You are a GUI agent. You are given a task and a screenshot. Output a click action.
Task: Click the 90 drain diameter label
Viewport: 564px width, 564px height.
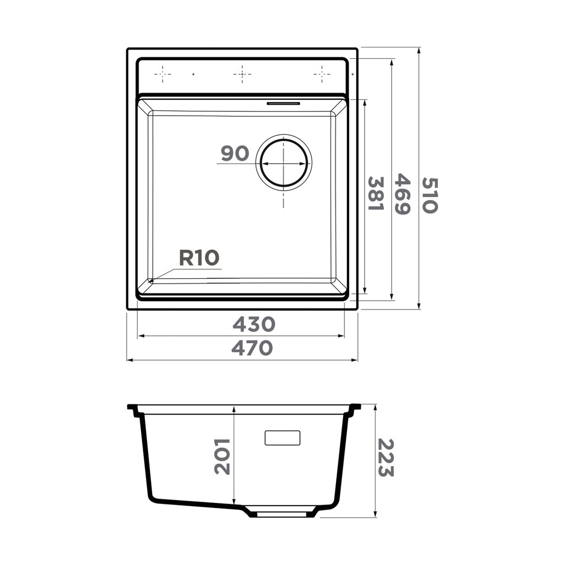[235, 154]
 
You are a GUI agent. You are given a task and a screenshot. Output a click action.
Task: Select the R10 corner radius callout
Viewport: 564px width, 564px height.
[199, 258]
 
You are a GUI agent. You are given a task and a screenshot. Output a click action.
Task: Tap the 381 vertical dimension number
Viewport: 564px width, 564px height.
[375, 193]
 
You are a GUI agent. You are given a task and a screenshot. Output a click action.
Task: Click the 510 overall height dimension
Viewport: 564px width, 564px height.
[430, 195]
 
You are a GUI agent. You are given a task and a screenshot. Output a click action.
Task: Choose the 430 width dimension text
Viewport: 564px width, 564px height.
[253, 324]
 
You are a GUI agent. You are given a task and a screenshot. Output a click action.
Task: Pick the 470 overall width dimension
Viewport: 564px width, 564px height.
[252, 348]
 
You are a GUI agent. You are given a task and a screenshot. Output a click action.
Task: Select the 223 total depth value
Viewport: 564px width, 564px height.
[386, 457]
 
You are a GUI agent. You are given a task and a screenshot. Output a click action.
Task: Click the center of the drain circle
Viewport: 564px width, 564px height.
[283, 164]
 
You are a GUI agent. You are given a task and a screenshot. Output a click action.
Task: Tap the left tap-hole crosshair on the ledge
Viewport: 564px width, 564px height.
[162, 73]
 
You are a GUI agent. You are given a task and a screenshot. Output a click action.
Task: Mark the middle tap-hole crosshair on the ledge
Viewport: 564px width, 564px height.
[242, 73]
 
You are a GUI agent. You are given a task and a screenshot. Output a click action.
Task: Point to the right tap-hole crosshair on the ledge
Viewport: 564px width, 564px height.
[322, 73]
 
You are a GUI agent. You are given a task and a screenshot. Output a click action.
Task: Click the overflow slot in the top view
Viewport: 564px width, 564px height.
[283, 103]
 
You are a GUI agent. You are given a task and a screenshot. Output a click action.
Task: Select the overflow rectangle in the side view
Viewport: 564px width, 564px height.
[283, 437]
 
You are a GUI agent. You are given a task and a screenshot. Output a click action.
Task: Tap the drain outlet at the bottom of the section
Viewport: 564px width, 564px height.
[283, 513]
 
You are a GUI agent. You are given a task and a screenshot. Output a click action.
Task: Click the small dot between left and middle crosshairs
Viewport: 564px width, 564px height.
[193, 73]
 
